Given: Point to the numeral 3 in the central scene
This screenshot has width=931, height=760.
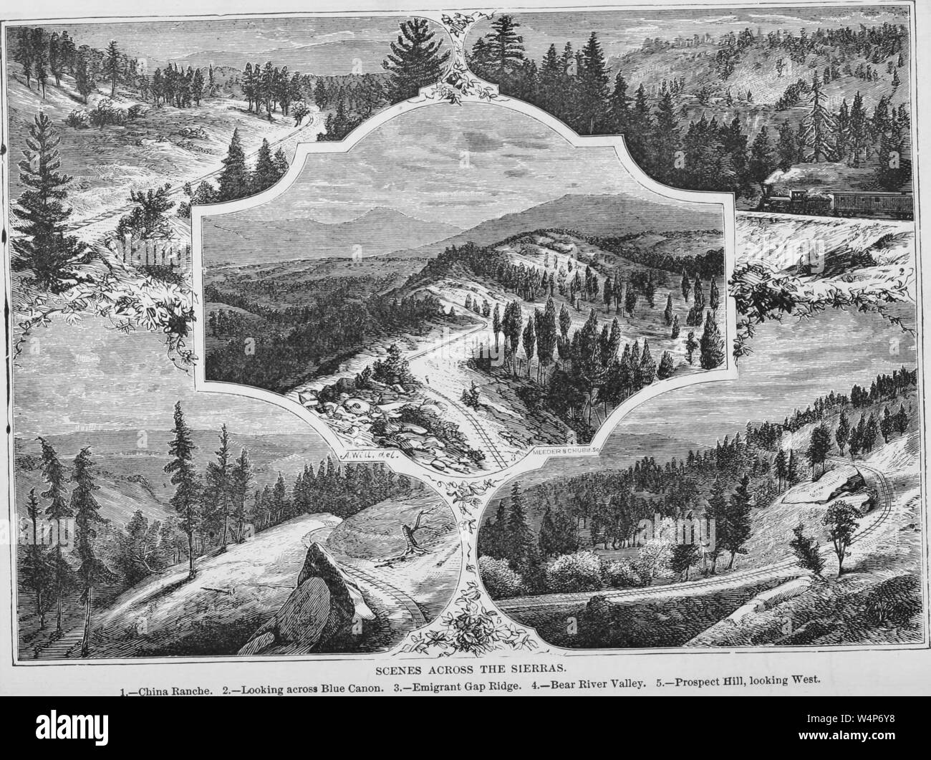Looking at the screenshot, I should [511, 453].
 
